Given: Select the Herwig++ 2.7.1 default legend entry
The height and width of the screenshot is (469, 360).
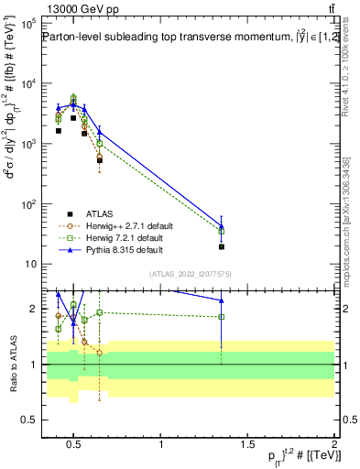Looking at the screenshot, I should (116, 224).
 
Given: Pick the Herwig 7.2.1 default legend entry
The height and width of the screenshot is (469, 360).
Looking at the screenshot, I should (115, 236).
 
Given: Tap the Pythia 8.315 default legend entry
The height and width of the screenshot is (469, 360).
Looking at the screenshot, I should (114, 248).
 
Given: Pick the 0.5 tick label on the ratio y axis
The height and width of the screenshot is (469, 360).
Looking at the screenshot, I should (27, 420).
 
